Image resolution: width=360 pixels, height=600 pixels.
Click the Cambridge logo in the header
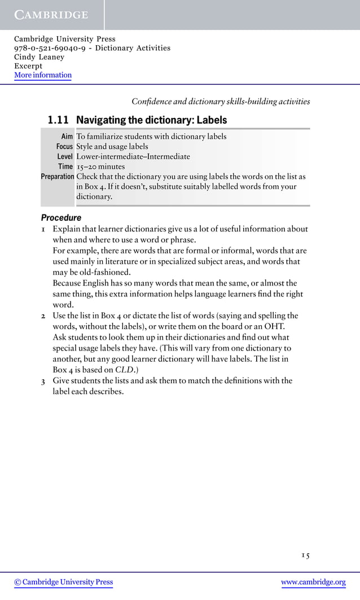51,15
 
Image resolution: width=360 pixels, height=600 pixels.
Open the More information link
43,75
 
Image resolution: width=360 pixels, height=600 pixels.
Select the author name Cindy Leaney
39,57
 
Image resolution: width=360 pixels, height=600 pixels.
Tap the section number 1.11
58,120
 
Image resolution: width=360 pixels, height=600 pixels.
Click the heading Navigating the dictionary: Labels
151,120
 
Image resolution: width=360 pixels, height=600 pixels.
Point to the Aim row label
67,137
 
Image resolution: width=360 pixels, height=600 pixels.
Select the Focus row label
64,147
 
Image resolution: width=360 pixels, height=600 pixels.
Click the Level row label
65,157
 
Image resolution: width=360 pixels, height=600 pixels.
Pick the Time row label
65,167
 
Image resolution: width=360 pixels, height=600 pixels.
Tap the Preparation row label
58,177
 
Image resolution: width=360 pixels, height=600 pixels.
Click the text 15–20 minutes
100,167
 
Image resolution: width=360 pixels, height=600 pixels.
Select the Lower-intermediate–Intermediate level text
133,157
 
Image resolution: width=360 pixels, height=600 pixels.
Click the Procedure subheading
61,218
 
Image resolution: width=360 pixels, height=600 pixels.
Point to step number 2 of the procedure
43,316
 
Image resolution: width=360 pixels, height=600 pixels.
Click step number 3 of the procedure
43,380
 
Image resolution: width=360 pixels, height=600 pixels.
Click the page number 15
305,555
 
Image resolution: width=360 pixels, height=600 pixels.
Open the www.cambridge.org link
313,582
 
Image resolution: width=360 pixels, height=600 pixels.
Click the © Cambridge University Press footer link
64,582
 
